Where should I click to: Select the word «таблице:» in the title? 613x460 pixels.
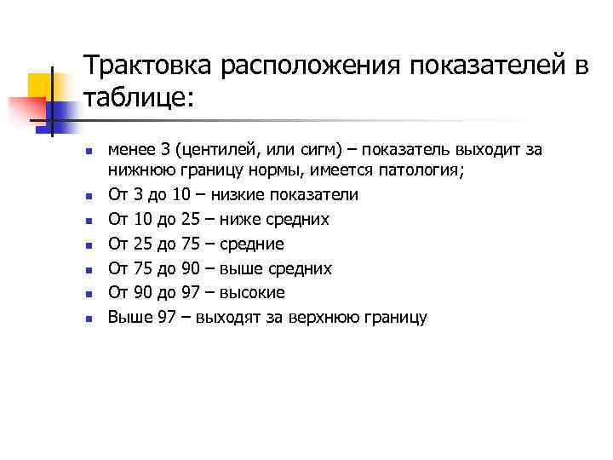[x=140, y=99]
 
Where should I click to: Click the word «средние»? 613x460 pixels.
[x=253, y=244]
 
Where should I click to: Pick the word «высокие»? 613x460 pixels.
[x=252, y=293]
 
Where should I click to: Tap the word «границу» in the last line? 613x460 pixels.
[x=397, y=318]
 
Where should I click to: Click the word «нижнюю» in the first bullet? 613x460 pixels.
[x=139, y=170]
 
